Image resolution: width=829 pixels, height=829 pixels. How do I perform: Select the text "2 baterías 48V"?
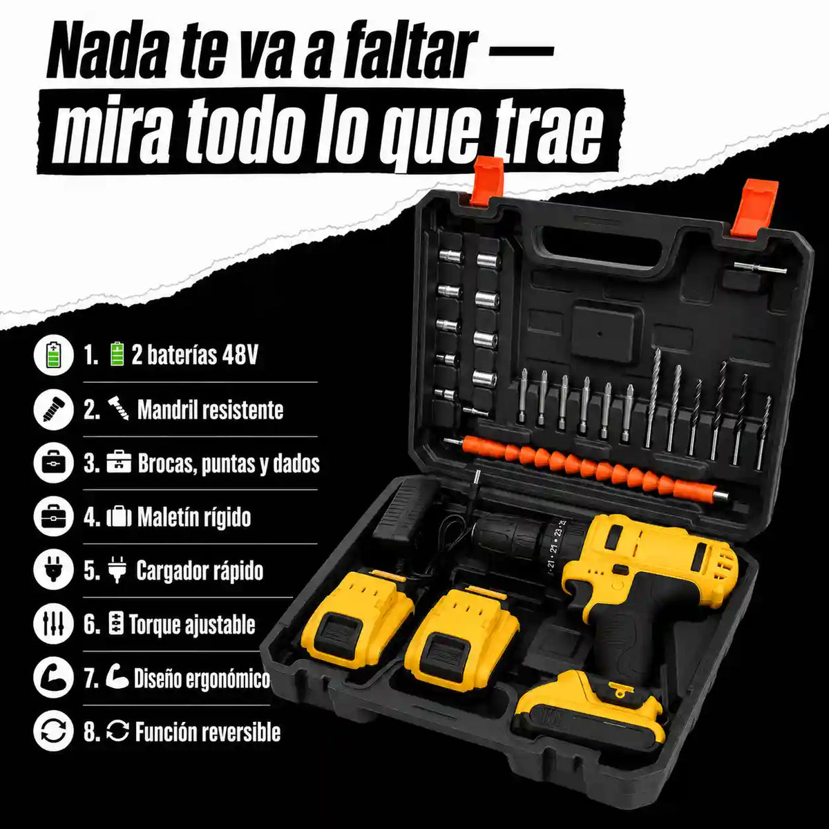pyautogui.click(x=194, y=356)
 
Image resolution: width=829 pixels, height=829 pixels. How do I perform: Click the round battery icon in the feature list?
pyautogui.click(x=53, y=356)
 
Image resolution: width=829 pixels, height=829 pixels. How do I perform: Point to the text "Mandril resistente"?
pyautogui.click(x=211, y=410)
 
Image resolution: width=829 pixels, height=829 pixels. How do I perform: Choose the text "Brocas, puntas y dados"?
pyautogui.click(x=229, y=464)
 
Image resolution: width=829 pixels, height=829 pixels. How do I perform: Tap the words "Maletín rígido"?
pyautogui.click(x=194, y=517)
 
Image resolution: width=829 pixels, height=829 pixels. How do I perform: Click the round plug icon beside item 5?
pyautogui.click(x=53, y=571)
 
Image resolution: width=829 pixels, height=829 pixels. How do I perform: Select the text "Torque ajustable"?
pyautogui.click(x=192, y=625)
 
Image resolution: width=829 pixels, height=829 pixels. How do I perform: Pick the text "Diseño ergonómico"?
pyautogui.click(x=202, y=679)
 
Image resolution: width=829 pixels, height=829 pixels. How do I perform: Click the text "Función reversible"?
pyautogui.click(x=208, y=733)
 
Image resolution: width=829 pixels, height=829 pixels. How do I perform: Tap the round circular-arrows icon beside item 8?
pyautogui.click(x=53, y=732)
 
